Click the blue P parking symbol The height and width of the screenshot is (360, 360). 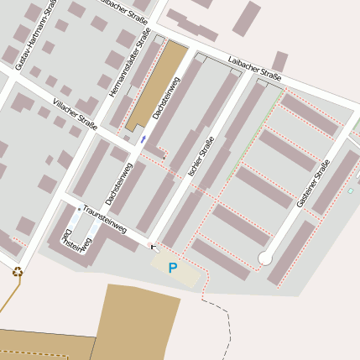point(173,269)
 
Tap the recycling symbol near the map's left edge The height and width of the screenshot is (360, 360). point(17,271)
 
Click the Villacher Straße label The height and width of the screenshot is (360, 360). point(75,112)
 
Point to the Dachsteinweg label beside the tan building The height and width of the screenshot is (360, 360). point(165,103)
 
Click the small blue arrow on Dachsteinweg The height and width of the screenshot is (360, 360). point(143,139)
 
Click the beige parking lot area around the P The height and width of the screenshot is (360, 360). point(189,273)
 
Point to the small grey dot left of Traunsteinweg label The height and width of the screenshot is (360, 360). point(79,209)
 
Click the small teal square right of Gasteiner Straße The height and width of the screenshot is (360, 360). point(350,191)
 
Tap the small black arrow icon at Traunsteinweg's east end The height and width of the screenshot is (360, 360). point(153,247)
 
